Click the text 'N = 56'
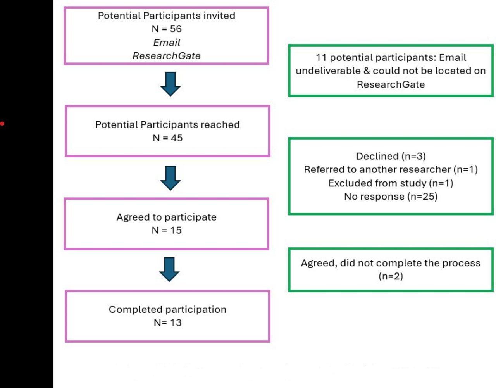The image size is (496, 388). pyautogui.click(x=167, y=29)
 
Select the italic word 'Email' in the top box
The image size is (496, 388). pyautogui.click(x=167, y=43)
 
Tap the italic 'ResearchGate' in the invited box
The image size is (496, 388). pyautogui.click(x=167, y=56)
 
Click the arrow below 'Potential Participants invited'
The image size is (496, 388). pyautogui.click(x=170, y=84)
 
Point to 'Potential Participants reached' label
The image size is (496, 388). pyautogui.click(x=167, y=125)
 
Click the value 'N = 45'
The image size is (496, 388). pyautogui.click(x=167, y=138)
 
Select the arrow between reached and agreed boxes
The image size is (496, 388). pyautogui.click(x=170, y=178)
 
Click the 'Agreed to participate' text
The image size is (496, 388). pyautogui.click(x=167, y=217)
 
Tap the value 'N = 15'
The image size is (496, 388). pyautogui.click(x=167, y=230)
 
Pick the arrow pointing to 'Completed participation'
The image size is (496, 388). pyautogui.click(x=169, y=269)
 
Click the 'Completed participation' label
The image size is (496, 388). pyautogui.click(x=167, y=310)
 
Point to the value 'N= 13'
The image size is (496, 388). pyautogui.click(x=167, y=323)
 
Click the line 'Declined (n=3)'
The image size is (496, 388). pyautogui.click(x=391, y=156)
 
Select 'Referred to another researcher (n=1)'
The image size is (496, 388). pyautogui.click(x=391, y=170)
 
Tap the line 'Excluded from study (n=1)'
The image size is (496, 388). pyautogui.click(x=391, y=183)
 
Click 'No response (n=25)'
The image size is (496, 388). pyautogui.click(x=391, y=197)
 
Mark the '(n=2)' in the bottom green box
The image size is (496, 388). pyautogui.click(x=391, y=276)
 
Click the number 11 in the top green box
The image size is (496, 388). pyautogui.click(x=321, y=58)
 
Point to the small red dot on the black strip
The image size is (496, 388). pyautogui.click(x=2, y=124)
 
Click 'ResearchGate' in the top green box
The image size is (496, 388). pyautogui.click(x=391, y=84)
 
